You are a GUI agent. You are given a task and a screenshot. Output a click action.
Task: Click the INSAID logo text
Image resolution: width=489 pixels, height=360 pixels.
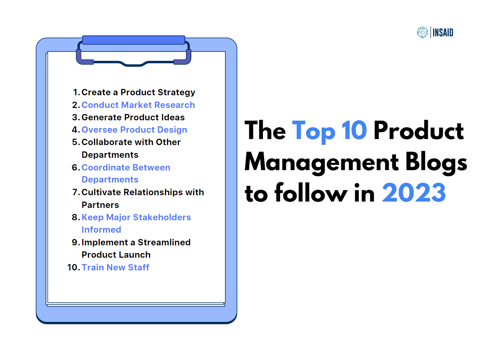(443, 32)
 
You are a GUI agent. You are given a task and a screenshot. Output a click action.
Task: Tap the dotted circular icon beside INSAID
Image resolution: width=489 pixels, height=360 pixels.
(422, 32)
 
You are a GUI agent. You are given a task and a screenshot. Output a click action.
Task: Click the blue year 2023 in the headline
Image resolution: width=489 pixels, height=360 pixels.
(414, 193)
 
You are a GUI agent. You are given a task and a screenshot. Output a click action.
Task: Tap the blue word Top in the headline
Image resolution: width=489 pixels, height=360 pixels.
(314, 132)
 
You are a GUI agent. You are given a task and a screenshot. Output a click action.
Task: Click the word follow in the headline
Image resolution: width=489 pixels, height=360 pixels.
(311, 192)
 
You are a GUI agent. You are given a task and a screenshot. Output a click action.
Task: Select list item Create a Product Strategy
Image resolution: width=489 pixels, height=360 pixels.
(138, 93)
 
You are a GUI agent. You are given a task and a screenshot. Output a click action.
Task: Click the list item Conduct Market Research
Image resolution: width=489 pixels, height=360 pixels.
(138, 105)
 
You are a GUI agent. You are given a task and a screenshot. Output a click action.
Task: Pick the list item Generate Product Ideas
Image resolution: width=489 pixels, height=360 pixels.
(133, 117)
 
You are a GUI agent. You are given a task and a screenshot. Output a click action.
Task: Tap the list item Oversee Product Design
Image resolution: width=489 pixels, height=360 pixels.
(134, 130)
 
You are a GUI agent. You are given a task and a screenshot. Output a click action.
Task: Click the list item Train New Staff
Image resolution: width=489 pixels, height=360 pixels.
(115, 267)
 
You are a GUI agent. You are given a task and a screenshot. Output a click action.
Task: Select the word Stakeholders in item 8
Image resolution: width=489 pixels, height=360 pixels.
(162, 217)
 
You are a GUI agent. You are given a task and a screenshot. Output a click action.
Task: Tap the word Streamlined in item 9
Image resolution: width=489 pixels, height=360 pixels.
(164, 242)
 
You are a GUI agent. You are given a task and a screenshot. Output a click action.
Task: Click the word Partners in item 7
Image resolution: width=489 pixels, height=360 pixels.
(100, 205)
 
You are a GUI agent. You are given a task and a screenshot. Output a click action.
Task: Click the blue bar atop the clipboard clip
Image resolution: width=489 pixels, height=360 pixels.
(134, 40)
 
